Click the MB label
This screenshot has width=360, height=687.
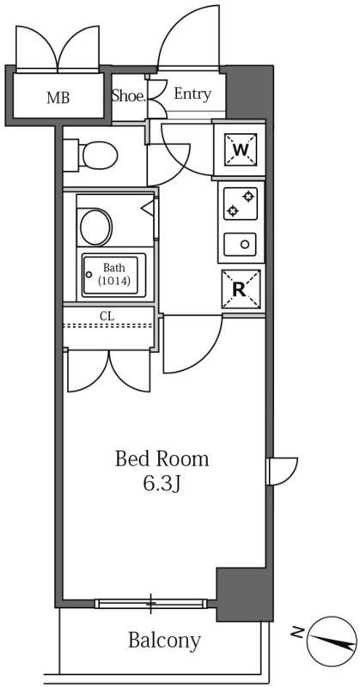coord(58,98)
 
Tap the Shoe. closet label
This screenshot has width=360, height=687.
coord(129,96)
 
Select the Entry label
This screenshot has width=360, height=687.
coord(192,94)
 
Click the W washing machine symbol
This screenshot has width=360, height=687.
coord(241,149)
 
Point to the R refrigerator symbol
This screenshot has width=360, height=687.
coord(241,289)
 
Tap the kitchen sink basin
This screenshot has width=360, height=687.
coord(241,245)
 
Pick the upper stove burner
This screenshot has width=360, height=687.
coord(249,196)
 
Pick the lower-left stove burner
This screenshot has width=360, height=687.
coord(232,211)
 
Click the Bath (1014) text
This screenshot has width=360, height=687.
coord(114,274)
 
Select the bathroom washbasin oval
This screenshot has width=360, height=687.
coord(95,227)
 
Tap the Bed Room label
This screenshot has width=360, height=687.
coord(162,459)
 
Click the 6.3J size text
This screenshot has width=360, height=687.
coord(162,483)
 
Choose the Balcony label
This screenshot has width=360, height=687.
coord(164,641)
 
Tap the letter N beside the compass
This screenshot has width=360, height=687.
coord(297,632)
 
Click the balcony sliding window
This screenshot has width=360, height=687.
coord(151,604)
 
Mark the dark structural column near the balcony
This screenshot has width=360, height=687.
coord(245,594)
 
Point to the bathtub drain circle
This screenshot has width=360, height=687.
coord(89,275)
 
